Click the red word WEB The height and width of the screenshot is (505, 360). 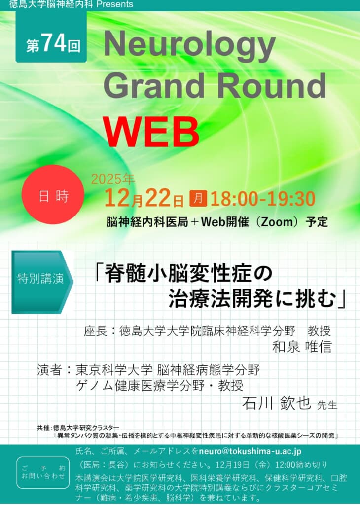(151, 132)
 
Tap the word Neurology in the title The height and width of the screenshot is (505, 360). (190, 46)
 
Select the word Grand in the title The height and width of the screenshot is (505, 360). (154, 85)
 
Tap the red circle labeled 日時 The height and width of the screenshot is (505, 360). (53, 194)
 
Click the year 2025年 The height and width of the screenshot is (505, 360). (113, 179)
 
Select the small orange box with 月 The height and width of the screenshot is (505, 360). (198, 198)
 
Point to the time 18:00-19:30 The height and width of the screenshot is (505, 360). (263, 198)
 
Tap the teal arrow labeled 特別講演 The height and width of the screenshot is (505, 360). (42, 282)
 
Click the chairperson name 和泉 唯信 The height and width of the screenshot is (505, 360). (302, 347)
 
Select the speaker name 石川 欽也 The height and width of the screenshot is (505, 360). (276, 403)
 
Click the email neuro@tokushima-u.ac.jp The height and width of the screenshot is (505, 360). (250, 451)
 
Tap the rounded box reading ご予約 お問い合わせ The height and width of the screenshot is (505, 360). (43, 472)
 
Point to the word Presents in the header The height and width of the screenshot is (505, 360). (114, 4)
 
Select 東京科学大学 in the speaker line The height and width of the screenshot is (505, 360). (114, 370)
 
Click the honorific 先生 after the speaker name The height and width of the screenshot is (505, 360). (327, 405)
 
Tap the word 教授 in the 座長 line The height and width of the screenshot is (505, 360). (319, 331)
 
